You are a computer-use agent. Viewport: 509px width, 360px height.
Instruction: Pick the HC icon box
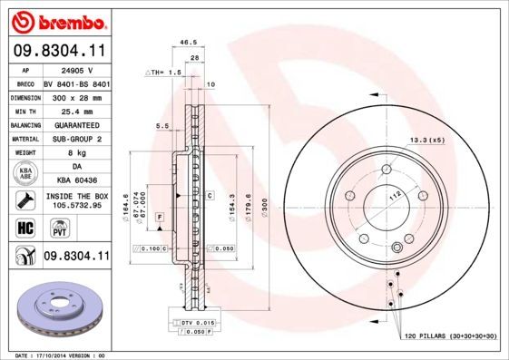point(24,227)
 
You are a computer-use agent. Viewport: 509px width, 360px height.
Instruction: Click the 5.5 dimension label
point(162,125)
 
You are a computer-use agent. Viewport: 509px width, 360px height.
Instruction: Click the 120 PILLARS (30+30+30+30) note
point(450,336)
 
